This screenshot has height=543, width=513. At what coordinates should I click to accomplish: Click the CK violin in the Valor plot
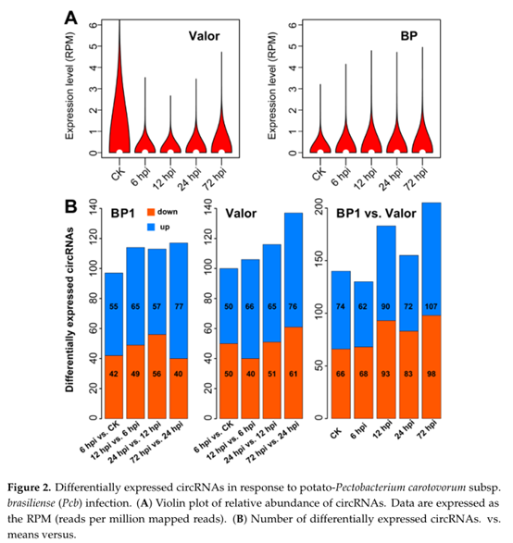tap(119, 115)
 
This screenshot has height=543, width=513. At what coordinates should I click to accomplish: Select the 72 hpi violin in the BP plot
tap(422, 131)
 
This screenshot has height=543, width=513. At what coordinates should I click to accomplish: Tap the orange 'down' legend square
tap(151, 212)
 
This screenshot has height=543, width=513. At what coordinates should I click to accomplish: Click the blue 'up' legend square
tap(151, 228)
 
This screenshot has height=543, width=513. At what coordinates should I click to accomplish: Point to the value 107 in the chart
tap(432, 306)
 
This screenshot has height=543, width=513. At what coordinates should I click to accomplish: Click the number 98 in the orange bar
tap(432, 374)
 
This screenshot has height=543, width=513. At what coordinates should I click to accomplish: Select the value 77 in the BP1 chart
tap(179, 306)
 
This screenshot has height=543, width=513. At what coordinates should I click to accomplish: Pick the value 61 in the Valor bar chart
tap(294, 374)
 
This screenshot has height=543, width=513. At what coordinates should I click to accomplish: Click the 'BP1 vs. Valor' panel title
tap(376, 214)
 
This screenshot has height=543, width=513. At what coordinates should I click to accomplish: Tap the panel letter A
tap(71, 18)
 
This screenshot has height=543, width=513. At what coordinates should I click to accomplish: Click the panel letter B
tap(70, 206)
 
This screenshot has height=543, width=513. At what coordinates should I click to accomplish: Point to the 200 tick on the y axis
tap(319, 206)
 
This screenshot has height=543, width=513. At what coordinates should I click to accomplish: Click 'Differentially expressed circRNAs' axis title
tap(69, 310)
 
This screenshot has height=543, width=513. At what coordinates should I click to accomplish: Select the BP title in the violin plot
tap(409, 36)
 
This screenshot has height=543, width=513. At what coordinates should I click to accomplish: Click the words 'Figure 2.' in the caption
tap(29, 487)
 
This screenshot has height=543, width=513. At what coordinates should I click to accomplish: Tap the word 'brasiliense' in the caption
tap(31, 503)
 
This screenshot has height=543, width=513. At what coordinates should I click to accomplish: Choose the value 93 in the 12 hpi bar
tap(386, 374)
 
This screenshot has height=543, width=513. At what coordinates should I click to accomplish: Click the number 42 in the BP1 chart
tap(114, 374)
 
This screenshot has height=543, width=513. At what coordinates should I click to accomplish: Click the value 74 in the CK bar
tap(341, 306)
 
